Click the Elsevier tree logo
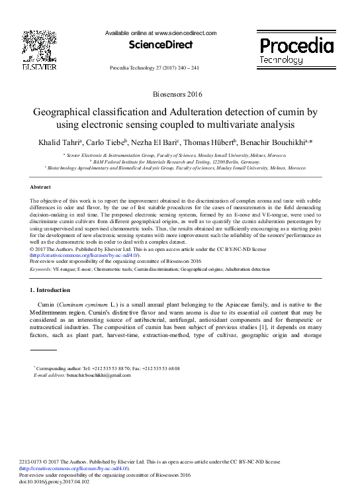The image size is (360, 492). tap(39, 46)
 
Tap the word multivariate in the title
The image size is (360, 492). tap(246, 124)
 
